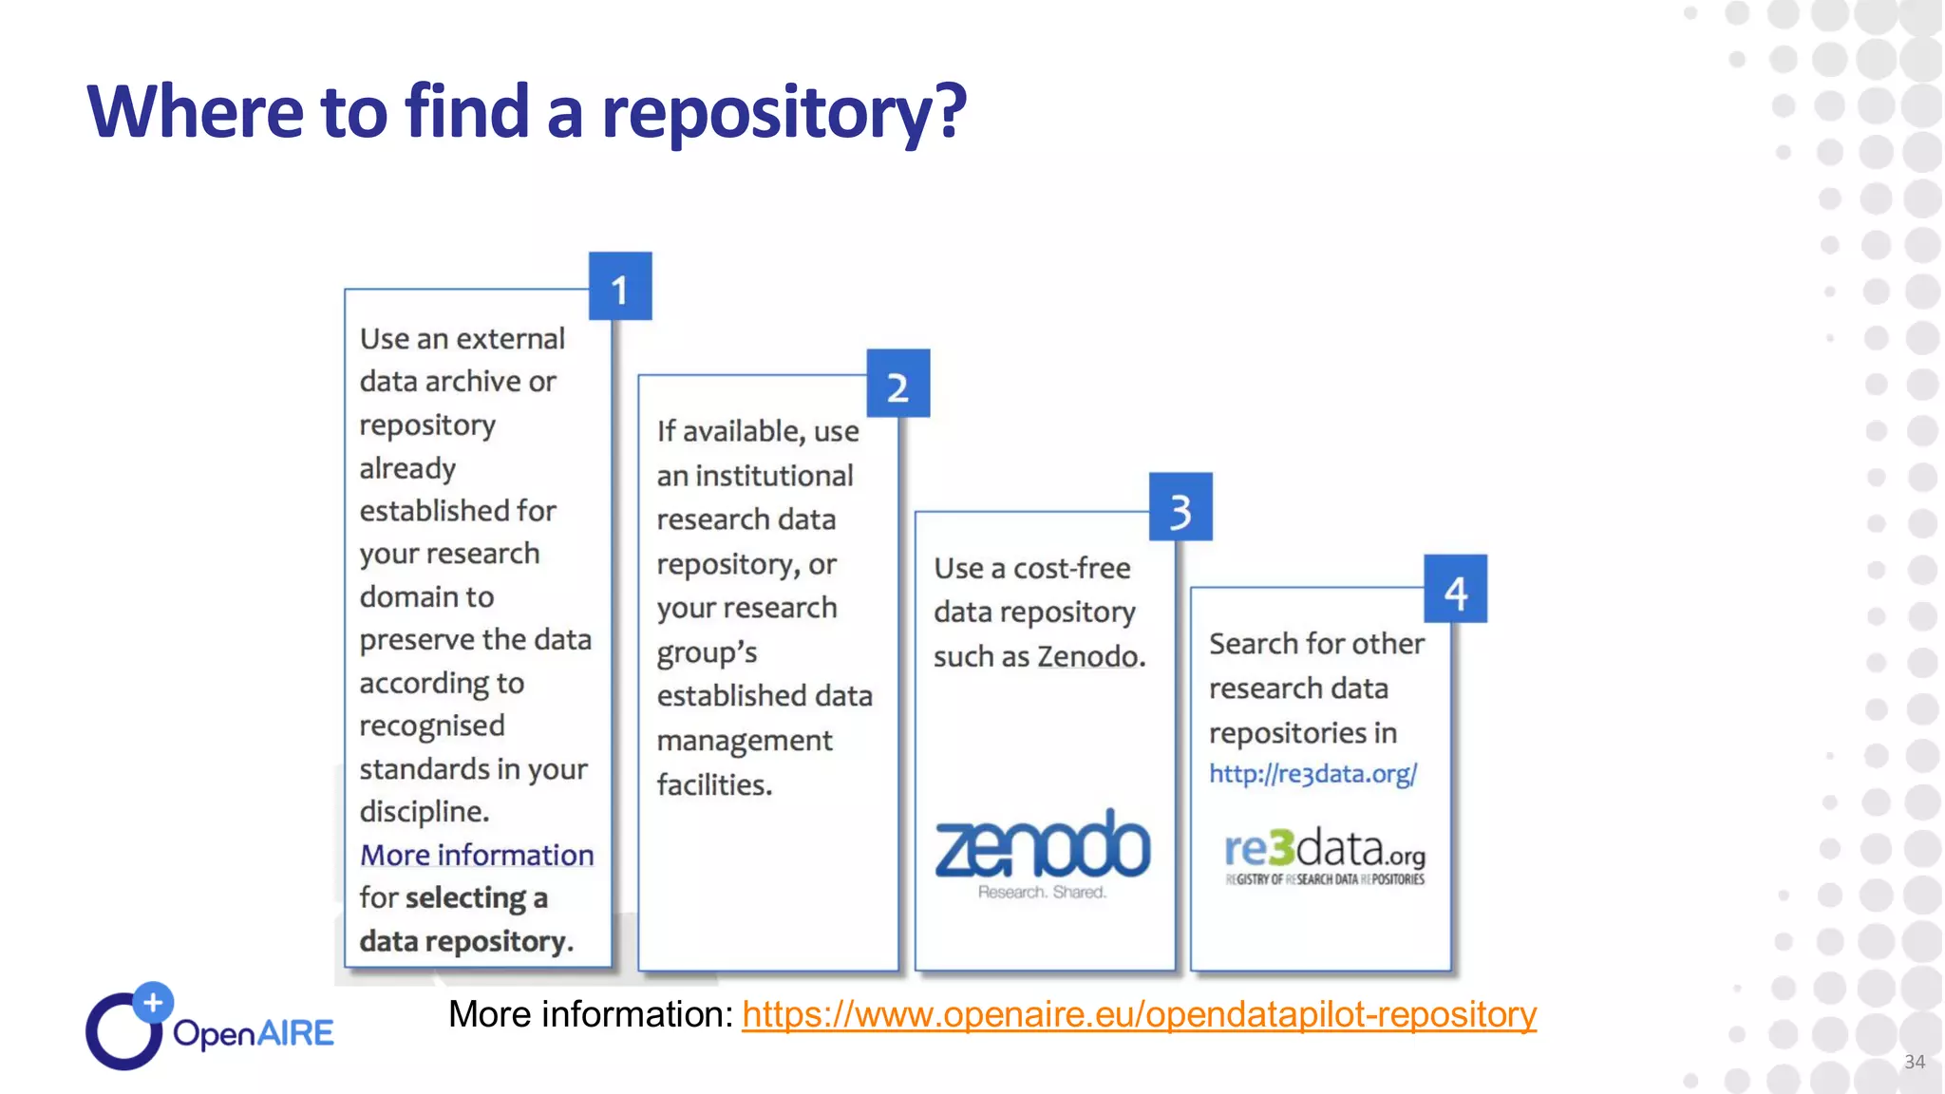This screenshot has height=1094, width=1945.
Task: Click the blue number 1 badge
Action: click(x=620, y=287)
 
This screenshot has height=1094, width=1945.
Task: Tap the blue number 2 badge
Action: click(x=897, y=384)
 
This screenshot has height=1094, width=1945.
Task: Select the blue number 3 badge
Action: click(x=1180, y=507)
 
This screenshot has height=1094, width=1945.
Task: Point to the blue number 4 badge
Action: click(x=1455, y=590)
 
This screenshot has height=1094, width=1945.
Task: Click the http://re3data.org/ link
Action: click(x=1312, y=774)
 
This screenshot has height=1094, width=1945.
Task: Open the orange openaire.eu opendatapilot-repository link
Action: click(x=1139, y=1014)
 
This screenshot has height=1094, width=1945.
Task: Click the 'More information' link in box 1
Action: click(x=477, y=855)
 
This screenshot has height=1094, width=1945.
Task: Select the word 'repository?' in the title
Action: click(x=784, y=112)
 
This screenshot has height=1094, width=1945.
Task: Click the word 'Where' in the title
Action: click(x=196, y=112)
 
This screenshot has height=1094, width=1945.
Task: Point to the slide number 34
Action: click(x=1915, y=1062)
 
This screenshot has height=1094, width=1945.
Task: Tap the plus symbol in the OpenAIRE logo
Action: click(x=153, y=1002)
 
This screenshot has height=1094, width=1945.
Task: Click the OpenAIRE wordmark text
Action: click(x=254, y=1033)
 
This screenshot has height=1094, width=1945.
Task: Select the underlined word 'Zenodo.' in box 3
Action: click(x=1091, y=656)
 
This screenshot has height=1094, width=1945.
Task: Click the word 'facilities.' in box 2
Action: click(x=714, y=784)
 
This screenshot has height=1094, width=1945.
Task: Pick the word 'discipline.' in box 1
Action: click(x=425, y=812)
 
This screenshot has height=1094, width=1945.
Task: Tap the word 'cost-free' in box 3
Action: click(x=1071, y=568)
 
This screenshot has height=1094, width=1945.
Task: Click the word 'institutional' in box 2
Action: click(x=774, y=475)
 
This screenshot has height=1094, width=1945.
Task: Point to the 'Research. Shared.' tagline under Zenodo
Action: click(x=1042, y=893)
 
